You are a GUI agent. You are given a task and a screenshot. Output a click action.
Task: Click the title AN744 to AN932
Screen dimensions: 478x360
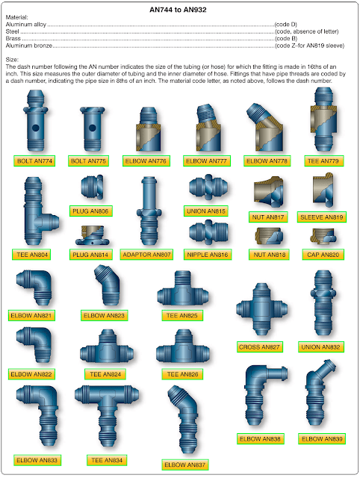coord(179,10)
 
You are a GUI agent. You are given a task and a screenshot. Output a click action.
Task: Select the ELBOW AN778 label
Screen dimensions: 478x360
coord(267,161)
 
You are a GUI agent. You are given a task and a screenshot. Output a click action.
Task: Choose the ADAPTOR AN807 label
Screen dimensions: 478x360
coord(146,254)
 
